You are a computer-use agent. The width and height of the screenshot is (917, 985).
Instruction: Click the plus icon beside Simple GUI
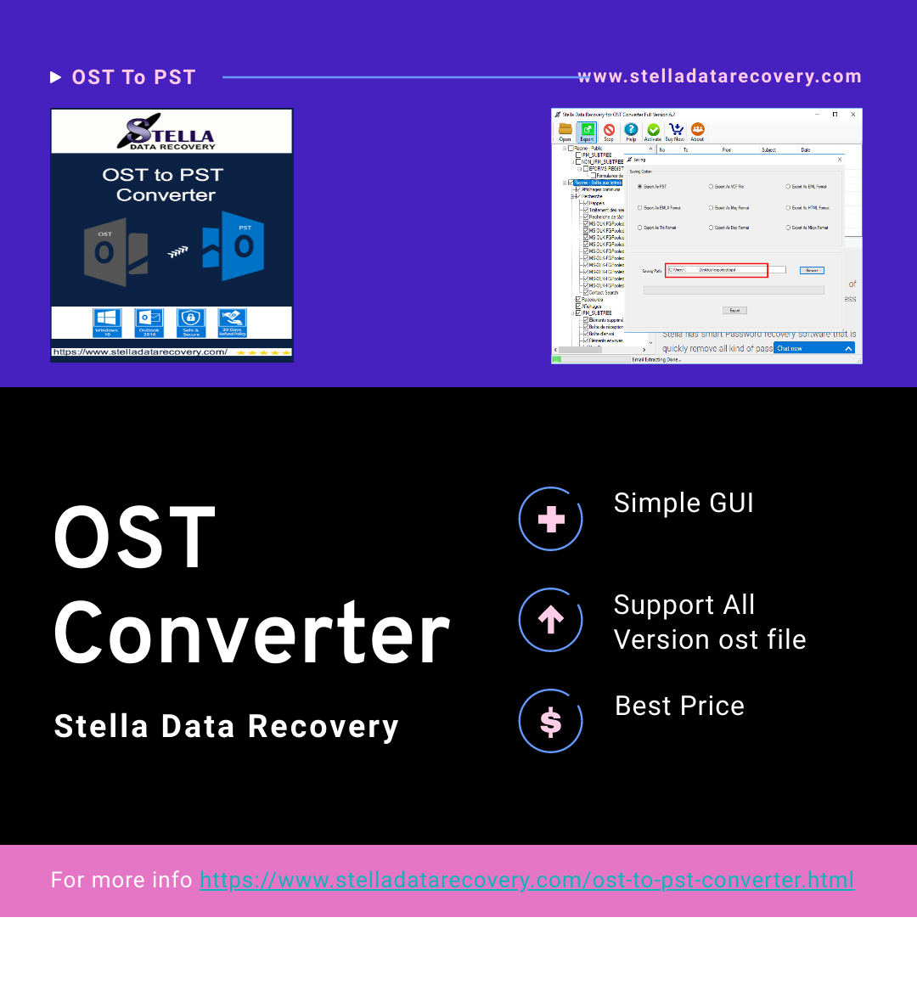coord(551,519)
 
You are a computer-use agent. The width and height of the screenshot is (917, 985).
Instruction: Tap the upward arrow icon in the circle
coord(551,620)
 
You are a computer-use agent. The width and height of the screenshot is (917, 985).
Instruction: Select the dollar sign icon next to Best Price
coord(551,722)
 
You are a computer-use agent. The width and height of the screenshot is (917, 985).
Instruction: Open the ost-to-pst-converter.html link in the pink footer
coord(526,881)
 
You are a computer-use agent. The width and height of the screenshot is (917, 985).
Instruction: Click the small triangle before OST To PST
coord(56,77)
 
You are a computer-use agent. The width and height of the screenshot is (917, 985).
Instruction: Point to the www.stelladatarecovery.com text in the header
coord(719,76)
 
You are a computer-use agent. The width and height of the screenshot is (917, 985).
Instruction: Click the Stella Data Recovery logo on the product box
coord(171,132)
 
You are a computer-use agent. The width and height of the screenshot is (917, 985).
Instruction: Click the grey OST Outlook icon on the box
coord(115,251)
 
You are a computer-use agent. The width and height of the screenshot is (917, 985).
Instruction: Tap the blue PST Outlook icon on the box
coord(234,247)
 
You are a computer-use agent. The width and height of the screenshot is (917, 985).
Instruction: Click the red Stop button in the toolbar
coord(609,132)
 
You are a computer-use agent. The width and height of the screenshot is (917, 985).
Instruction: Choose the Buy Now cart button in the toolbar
coord(675,132)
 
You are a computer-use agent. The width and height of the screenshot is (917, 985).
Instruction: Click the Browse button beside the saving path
coord(812,270)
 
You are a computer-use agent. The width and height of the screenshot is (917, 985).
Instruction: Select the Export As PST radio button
coord(640,186)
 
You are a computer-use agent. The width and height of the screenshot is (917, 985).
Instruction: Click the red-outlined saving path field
coord(717,270)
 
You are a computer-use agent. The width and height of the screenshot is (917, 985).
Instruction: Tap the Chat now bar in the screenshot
coord(813,348)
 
